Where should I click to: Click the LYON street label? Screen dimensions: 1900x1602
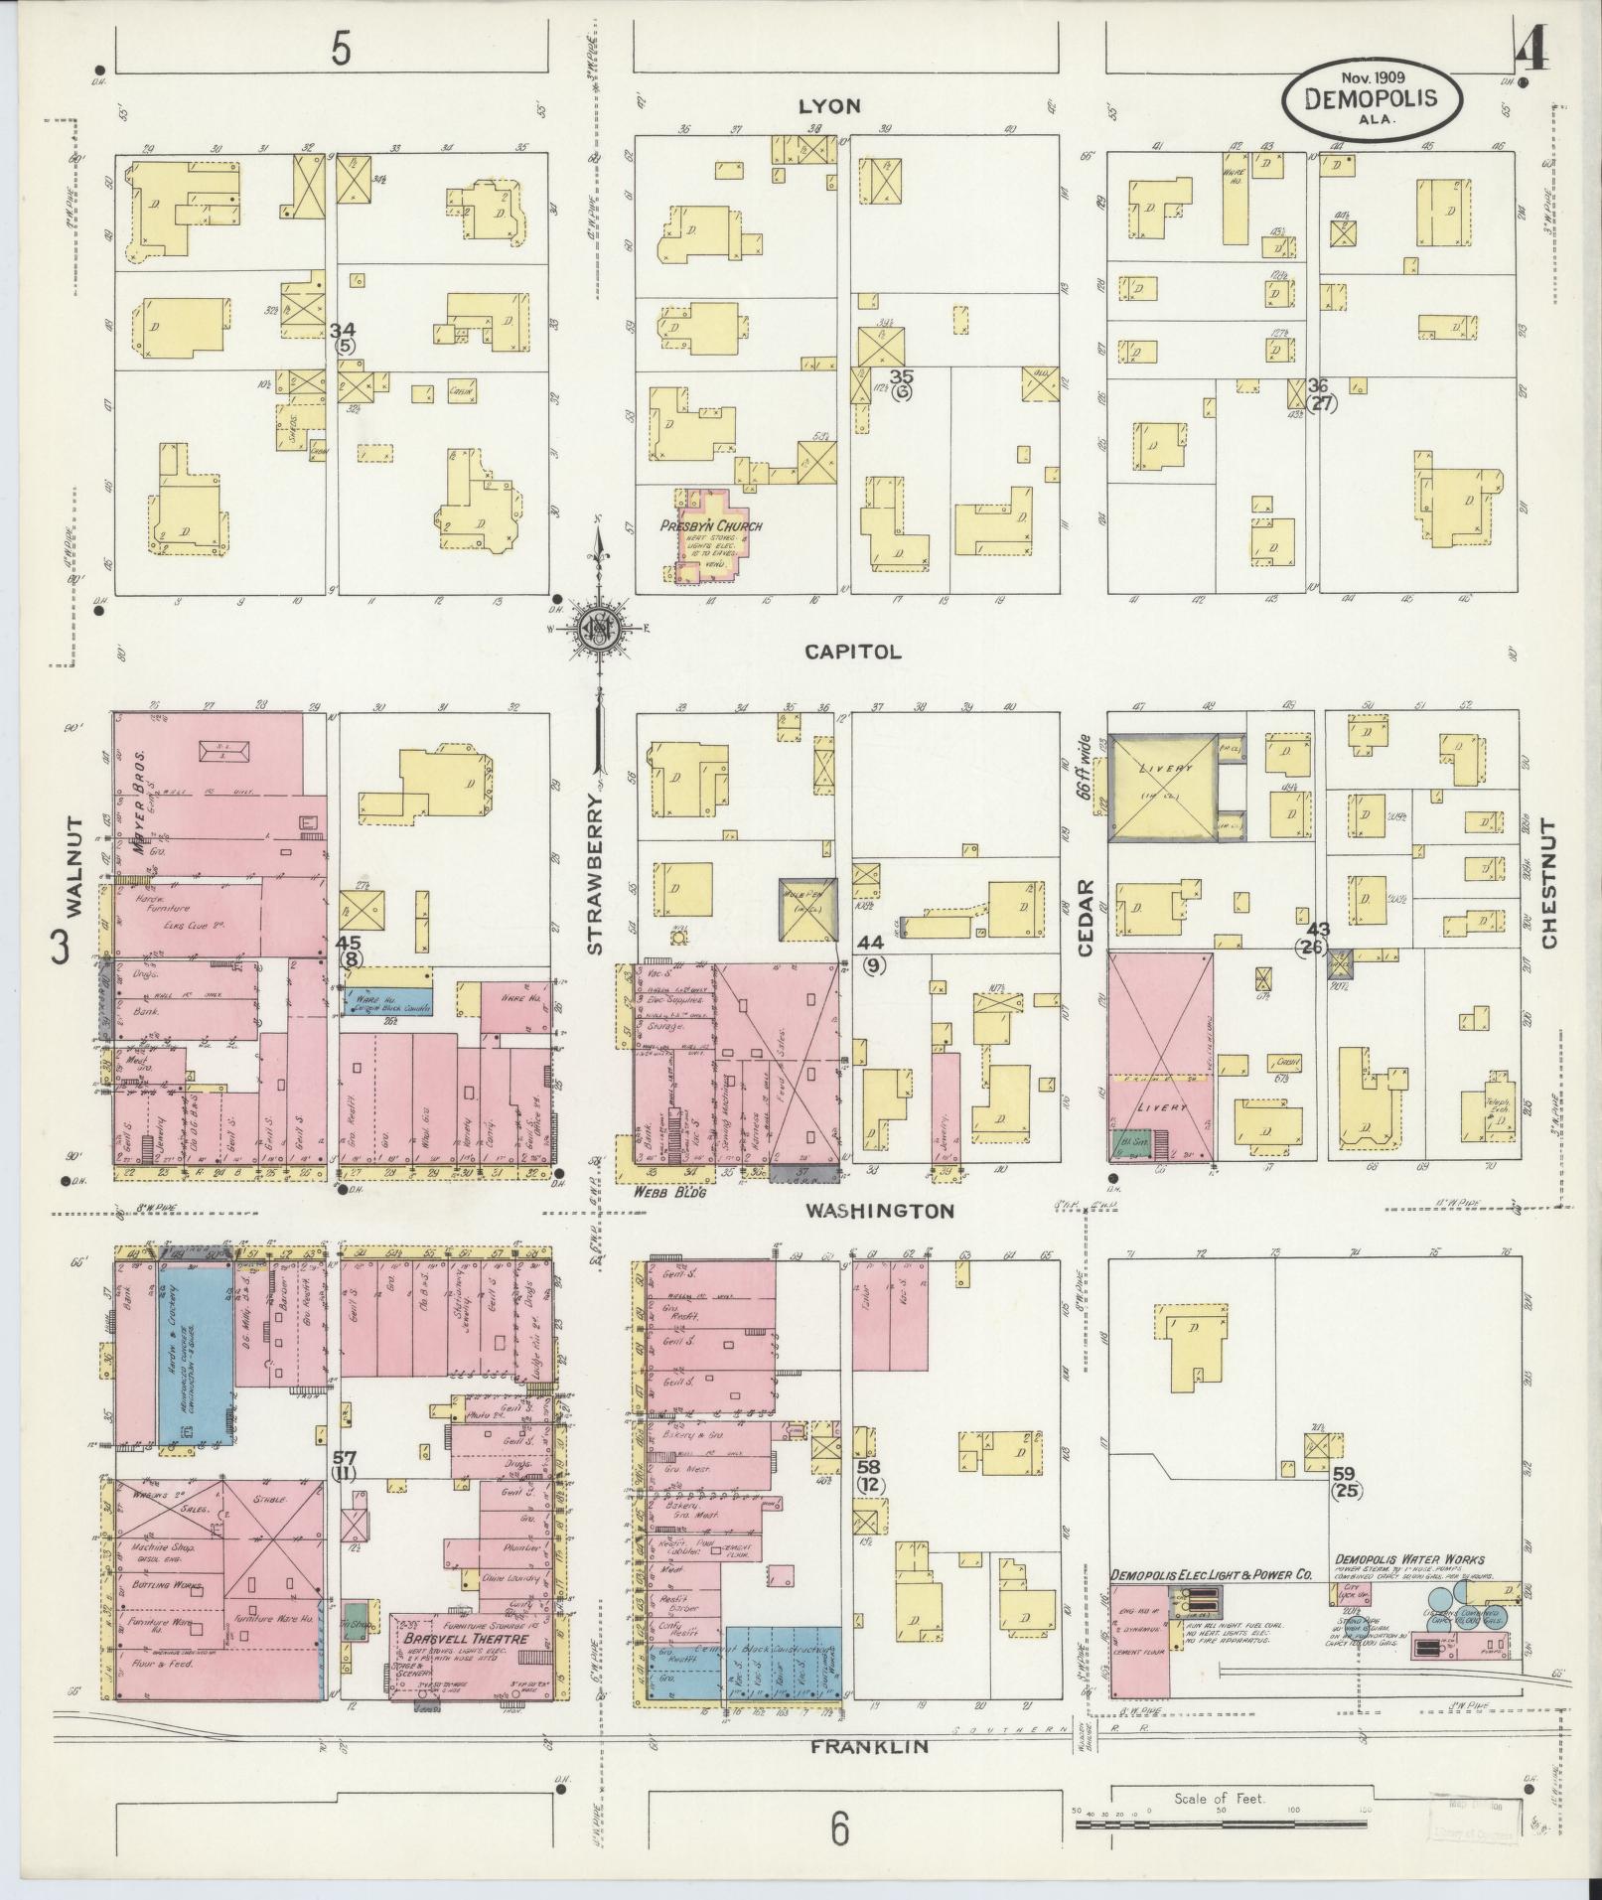point(829,106)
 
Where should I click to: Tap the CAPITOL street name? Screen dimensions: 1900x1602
point(852,652)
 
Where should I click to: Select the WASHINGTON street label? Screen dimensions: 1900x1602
point(879,1211)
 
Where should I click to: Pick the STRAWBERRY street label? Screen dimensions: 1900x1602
point(595,873)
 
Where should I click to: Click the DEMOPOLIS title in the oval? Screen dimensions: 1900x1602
point(1373,98)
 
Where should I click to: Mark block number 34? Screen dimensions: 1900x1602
point(344,330)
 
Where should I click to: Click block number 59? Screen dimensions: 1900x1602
point(1344,1472)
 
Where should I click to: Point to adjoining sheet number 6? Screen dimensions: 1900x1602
point(840,1828)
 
